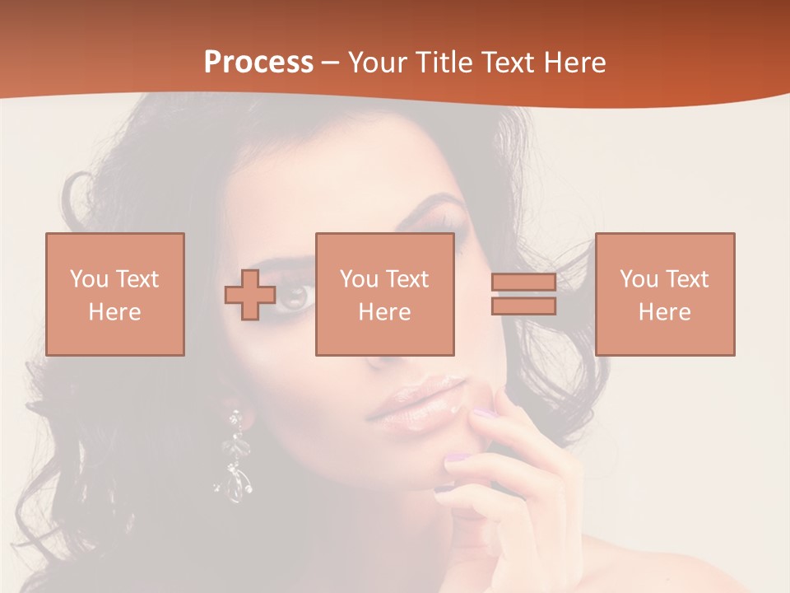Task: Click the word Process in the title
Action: (258, 63)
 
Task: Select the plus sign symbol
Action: (250, 295)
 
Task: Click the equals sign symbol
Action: (523, 294)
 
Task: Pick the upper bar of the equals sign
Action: (523, 283)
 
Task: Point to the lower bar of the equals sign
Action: (523, 306)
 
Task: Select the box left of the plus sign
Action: (115, 294)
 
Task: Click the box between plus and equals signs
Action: (384, 294)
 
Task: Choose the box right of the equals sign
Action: (665, 294)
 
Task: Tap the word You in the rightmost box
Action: (639, 279)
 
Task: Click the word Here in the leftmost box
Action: (114, 312)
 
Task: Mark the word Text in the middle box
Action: (408, 279)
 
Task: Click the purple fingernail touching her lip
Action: (486, 413)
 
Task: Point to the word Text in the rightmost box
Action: (688, 279)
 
